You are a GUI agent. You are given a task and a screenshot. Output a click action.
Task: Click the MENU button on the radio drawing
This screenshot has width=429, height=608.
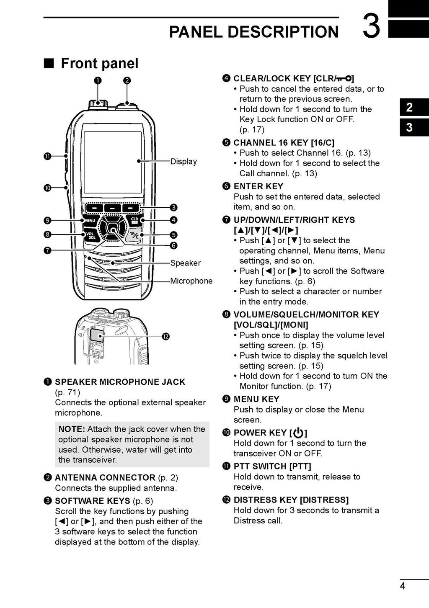click(x=90, y=220)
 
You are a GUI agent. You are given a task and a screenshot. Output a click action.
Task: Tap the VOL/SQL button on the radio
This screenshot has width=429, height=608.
click(x=91, y=236)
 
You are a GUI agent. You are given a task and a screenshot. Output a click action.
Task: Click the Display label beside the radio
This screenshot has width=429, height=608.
click(x=183, y=162)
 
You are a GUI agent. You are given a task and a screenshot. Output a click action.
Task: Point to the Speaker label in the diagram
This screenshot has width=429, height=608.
click(x=185, y=263)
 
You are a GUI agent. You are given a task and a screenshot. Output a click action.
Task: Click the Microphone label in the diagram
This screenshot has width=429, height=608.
click(x=191, y=281)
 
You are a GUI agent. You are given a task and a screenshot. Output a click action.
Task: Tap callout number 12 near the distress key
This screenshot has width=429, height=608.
click(x=165, y=337)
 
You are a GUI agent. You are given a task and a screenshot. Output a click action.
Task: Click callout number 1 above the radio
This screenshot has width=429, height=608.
click(x=97, y=80)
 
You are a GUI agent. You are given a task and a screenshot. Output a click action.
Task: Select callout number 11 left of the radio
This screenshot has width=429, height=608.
click(x=47, y=156)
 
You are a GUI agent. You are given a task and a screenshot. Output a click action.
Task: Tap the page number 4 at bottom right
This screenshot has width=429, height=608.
click(x=403, y=586)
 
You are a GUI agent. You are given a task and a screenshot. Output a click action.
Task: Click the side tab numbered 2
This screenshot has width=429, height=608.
click(x=409, y=108)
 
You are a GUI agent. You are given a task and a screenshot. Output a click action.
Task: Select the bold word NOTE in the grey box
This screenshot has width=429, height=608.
click(x=72, y=429)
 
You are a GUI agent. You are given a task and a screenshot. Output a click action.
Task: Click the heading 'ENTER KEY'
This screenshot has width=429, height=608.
click(x=258, y=186)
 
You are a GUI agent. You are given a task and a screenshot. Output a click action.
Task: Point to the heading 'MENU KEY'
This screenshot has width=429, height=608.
click(x=256, y=399)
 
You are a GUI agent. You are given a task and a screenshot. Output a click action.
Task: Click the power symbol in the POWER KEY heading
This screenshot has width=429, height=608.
click(x=298, y=433)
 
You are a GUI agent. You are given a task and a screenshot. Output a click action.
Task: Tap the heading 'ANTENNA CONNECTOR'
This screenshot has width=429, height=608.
click(x=105, y=478)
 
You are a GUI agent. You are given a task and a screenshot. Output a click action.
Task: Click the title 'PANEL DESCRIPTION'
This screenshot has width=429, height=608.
click(x=253, y=32)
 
